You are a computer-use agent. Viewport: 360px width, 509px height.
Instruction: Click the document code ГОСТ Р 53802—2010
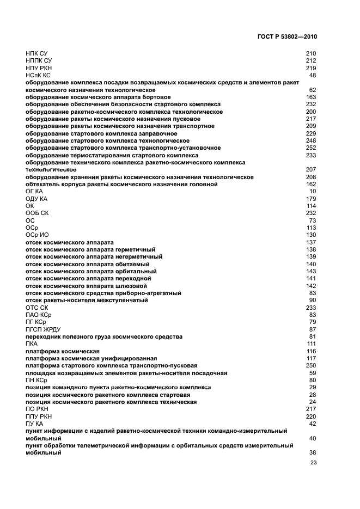point(286,37)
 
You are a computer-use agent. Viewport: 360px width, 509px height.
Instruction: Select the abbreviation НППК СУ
point(39,61)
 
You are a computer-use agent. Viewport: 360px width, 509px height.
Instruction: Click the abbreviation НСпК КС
point(38,75)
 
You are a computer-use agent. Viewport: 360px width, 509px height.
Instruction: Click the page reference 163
point(311,97)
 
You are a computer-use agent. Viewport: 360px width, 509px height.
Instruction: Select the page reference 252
point(311,148)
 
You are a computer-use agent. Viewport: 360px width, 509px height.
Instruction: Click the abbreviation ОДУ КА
point(36,199)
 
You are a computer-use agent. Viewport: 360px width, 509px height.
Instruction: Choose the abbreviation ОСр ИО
point(37,235)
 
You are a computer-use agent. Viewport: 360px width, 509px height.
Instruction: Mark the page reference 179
point(311,199)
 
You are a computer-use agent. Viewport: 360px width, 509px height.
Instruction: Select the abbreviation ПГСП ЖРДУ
point(43,329)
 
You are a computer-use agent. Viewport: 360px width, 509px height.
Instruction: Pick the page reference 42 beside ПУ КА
point(313,423)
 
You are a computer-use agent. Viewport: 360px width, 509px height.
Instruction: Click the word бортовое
point(144,97)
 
